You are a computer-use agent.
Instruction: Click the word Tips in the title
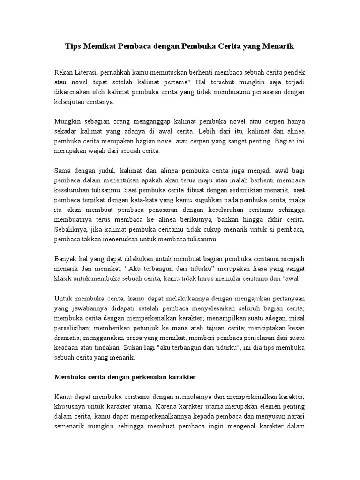pyautogui.click(x=73, y=47)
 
